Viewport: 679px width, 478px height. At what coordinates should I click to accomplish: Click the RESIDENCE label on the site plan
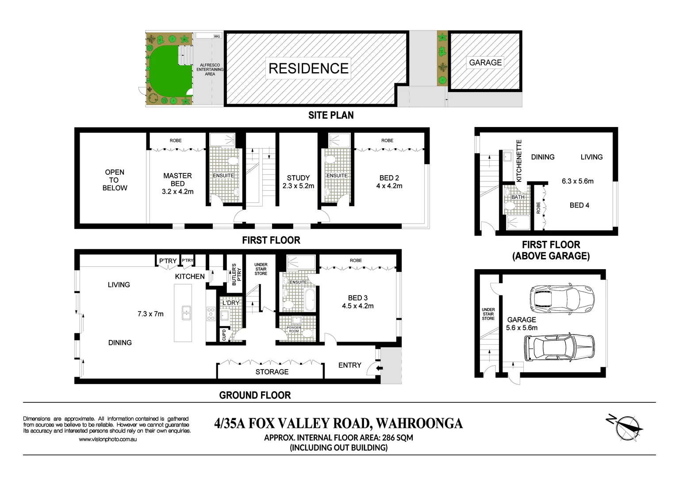click(309, 69)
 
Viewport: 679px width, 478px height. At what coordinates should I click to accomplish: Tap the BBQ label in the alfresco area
click(217, 36)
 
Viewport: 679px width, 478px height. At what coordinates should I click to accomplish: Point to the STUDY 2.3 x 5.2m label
click(298, 182)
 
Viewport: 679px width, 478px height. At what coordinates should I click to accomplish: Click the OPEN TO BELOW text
click(115, 180)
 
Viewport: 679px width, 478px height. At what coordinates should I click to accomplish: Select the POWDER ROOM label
click(294, 329)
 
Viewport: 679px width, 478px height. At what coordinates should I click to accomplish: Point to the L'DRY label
click(230, 303)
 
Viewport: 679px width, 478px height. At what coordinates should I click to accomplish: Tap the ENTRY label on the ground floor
click(349, 365)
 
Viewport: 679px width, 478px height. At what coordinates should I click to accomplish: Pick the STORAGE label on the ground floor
click(272, 372)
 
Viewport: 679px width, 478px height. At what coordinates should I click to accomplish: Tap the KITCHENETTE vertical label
click(519, 161)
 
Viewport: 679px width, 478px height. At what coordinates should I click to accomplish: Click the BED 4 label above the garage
click(579, 205)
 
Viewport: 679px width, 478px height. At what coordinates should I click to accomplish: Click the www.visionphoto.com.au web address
click(107, 439)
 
